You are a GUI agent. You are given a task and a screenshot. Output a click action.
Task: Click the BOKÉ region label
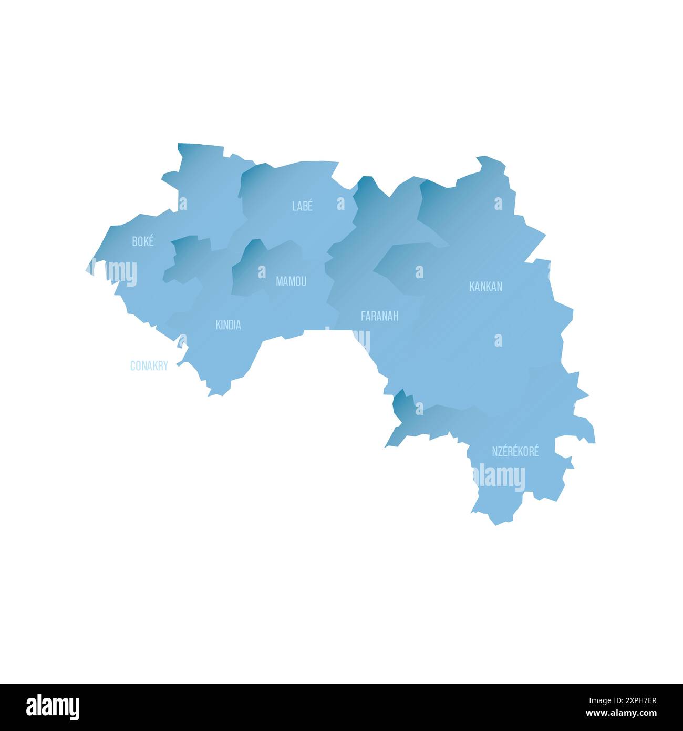point(143,242)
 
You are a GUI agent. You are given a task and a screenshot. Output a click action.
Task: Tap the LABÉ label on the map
point(302,206)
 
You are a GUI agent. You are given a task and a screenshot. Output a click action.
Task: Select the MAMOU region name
point(291,282)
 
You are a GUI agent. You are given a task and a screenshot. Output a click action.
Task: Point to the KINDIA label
point(228,325)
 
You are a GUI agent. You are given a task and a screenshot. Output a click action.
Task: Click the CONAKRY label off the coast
point(149,366)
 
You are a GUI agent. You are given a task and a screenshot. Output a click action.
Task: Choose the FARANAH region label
point(379,316)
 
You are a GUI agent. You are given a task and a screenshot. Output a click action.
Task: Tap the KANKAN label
point(485,287)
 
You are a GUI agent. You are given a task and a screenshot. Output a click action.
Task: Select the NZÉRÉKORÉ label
point(515,451)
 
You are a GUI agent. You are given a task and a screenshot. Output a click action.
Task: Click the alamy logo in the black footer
point(53,707)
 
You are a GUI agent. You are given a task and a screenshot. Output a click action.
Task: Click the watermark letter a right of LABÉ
point(340,204)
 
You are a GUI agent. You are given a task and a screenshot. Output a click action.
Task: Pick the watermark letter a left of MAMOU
point(262,272)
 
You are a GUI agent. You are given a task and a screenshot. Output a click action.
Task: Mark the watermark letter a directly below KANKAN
point(498,340)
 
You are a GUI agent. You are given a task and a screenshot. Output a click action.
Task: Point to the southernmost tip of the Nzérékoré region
point(495,524)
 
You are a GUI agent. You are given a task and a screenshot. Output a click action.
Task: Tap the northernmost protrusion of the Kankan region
point(480,158)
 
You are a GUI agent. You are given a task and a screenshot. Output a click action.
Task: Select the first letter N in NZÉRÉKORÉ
point(494,451)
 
